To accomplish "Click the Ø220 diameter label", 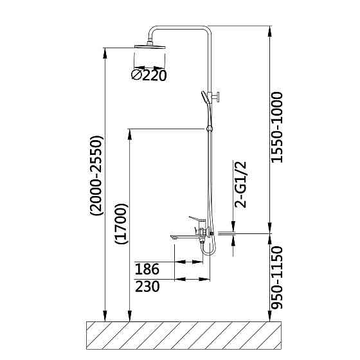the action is click(x=148, y=75).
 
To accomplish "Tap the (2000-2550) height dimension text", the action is click(x=96, y=175).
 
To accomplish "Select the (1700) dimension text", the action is click(x=122, y=224).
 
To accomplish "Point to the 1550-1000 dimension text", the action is click(x=276, y=127).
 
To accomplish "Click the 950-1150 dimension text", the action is click(x=276, y=277).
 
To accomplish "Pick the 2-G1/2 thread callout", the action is click(x=240, y=184).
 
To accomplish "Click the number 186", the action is click(x=147, y=269).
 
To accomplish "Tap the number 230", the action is click(x=147, y=287).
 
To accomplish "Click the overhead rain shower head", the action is click(x=150, y=46).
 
